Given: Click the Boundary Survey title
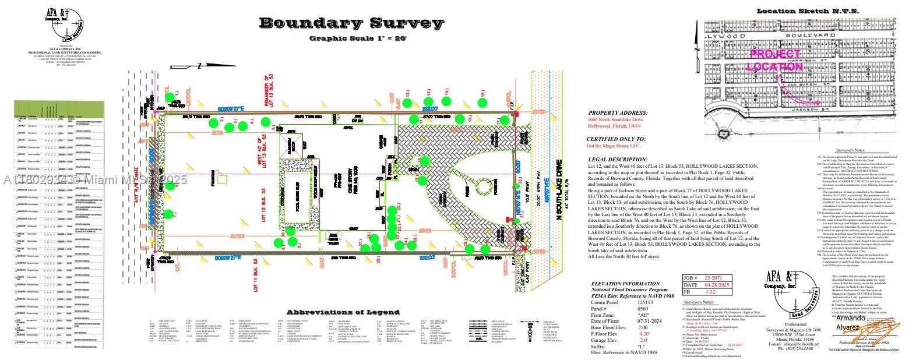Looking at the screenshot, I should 351,23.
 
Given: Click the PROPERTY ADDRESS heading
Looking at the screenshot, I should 618,113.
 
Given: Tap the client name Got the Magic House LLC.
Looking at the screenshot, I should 613,146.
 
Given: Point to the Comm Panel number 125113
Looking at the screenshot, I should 645,303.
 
